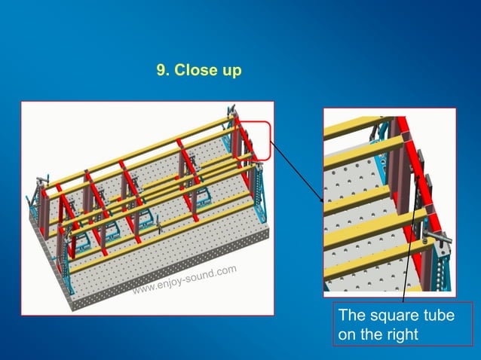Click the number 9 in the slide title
[x=161, y=71]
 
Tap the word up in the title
[x=230, y=72]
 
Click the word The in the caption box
[x=351, y=316]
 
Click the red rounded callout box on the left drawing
[x=256, y=140]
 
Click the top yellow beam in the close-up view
[x=354, y=127]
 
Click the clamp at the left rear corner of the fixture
[x=39, y=181]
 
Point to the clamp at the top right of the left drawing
[x=232, y=114]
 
